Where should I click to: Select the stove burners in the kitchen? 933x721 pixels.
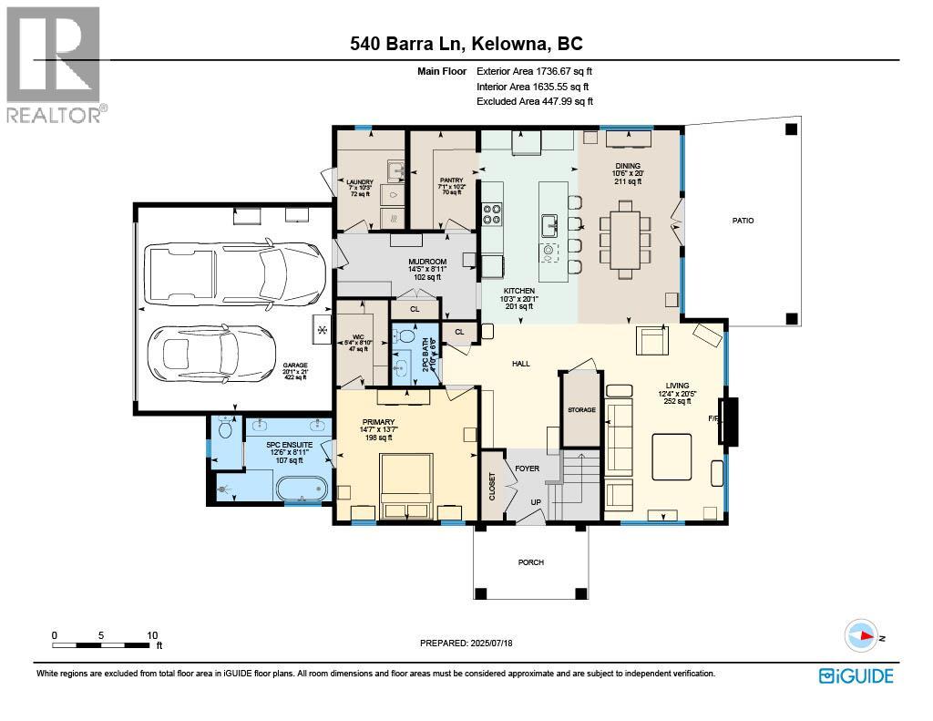(x=492, y=214)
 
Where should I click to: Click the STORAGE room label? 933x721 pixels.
(x=581, y=410)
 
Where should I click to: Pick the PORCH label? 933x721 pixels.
(x=530, y=562)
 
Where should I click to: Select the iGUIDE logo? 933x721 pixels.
(x=856, y=675)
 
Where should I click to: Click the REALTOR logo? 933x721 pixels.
(x=54, y=64)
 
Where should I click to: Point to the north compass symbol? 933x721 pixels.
(x=860, y=634)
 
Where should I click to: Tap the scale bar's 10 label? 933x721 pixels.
(x=152, y=635)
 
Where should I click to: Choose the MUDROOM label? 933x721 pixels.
(x=426, y=262)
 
